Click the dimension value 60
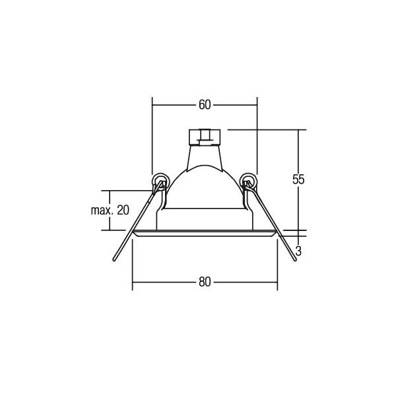[204, 105]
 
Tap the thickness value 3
[299, 251]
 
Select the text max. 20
[110, 211]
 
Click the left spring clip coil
[158, 180]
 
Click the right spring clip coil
[249, 180]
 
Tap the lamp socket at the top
[204, 137]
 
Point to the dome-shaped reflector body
[204, 191]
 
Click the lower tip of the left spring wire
[114, 261]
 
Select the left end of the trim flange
[134, 233]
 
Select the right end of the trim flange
[276, 233]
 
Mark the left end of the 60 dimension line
[152, 105]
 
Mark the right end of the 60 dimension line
[257, 105]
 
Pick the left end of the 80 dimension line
[133, 282]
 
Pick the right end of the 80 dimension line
[277, 282]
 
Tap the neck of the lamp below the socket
[204, 158]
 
